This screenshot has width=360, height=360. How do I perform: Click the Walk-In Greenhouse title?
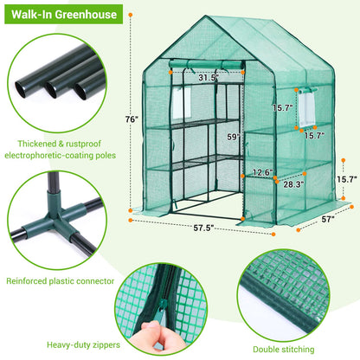[60, 16]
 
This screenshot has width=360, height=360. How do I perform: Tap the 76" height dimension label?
[131, 119]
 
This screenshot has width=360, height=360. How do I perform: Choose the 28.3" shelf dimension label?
[294, 184]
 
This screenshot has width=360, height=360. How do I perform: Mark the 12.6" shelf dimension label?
[265, 172]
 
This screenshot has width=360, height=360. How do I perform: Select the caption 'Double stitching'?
[290, 350]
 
